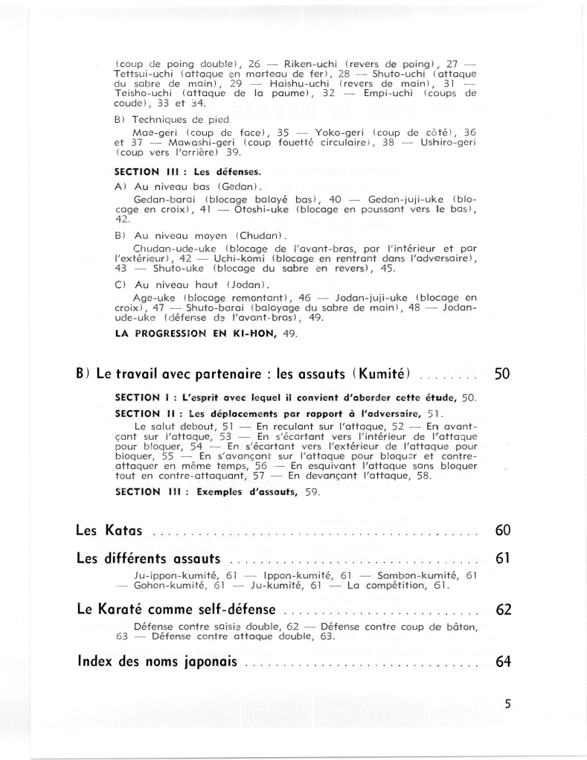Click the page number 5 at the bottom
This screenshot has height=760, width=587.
click(507, 703)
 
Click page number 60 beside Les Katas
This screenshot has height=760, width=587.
click(503, 531)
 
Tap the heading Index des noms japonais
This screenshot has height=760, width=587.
click(157, 662)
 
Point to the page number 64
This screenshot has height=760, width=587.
click(503, 662)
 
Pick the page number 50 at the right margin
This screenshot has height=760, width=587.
click(502, 374)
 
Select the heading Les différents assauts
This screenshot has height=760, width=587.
click(148, 558)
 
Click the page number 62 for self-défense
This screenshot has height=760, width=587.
click(503, 610)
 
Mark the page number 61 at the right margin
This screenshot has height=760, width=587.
click(503, 558)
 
